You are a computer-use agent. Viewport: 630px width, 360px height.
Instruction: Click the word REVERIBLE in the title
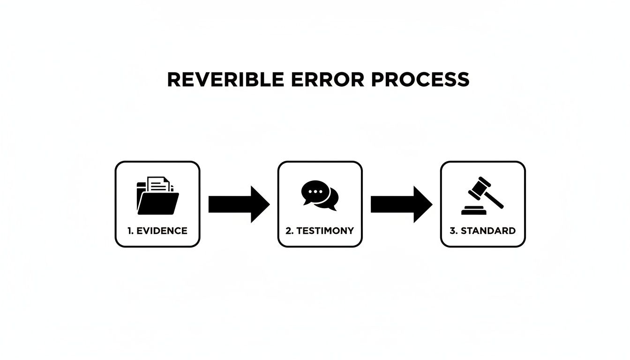[225, 80]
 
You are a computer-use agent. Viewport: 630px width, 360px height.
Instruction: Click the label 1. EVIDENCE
[157, 231]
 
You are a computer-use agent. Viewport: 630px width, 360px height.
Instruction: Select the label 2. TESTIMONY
[320, 231]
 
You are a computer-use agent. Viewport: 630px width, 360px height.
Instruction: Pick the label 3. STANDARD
[483, 231]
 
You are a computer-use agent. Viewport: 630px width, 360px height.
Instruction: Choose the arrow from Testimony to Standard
[401, 204]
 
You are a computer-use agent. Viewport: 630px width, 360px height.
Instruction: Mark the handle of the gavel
[495, 199]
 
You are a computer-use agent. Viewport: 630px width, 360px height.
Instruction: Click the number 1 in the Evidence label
[129, 231]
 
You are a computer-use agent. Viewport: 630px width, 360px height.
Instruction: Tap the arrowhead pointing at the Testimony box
[260, 204]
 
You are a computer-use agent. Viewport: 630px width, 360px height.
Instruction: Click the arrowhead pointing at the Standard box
[423, 204]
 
